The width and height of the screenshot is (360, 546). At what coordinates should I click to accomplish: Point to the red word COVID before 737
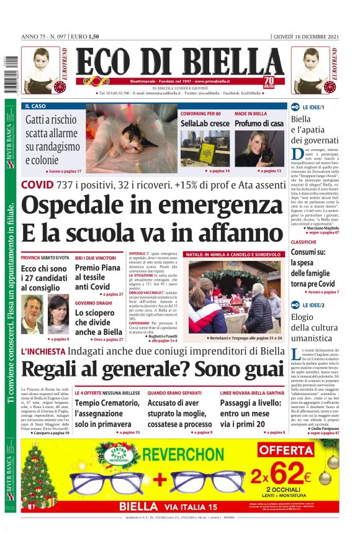coord(37,184)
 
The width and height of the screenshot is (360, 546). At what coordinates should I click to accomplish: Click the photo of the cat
coord(130,140)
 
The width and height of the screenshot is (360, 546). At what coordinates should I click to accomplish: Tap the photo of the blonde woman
coord(259,149)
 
